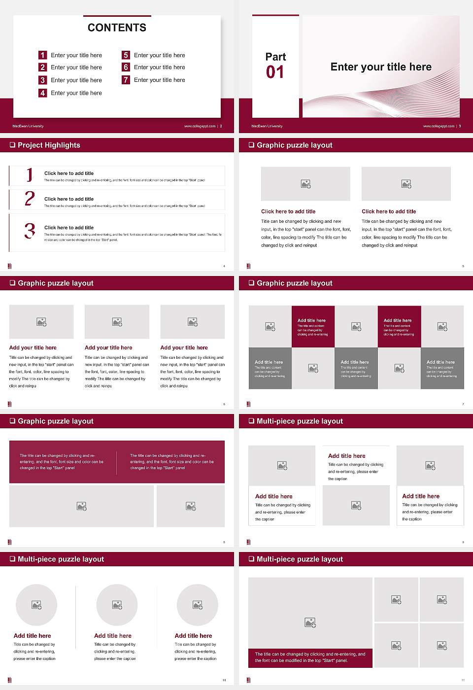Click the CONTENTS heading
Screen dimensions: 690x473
(117, 28)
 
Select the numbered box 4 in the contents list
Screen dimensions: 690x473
(43, 93)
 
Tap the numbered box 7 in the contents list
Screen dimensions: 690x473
(126, 80)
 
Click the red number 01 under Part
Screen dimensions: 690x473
(275, 72)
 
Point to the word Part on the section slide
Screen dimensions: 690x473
(275, 57)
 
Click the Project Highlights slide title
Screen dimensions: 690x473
(49, 145)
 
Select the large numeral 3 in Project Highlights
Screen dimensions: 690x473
(30, 231)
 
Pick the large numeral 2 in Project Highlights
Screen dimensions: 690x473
(30, 199)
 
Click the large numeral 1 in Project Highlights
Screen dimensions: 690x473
(30, 174)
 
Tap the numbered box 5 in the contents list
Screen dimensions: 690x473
(126, 55)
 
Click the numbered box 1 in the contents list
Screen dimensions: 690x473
(43, 55)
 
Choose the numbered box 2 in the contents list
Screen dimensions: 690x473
(43, 67)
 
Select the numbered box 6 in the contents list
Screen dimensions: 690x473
(126, 67)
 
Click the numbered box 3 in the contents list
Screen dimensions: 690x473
(43, 80)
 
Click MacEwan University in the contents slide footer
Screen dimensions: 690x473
(28, 126)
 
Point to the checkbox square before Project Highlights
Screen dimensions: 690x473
(12, 145)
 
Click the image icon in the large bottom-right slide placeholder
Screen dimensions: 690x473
(310, 623)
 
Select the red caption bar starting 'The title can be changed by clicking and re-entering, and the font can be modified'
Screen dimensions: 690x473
(310, 657)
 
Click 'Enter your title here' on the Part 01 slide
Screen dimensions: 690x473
(381, 67)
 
